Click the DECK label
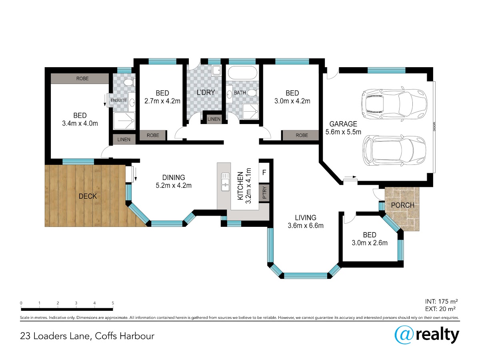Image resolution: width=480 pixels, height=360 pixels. click(88, 196)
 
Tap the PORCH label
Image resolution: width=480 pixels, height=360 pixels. click(402, 205)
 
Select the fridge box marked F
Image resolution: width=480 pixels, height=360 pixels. click(264, 173)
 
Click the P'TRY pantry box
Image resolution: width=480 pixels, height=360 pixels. click(264, 193)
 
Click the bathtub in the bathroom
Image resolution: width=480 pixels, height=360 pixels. click(242, 73)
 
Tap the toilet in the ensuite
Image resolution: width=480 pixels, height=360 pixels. click(129, 83)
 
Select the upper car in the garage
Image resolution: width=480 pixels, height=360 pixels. click(394, 104)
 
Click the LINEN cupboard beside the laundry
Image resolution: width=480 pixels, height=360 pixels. click(214, 119)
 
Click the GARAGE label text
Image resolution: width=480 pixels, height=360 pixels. click(343, 124)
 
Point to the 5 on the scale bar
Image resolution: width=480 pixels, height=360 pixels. click(113, 303)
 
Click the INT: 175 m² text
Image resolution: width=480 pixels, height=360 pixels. click(441, 302)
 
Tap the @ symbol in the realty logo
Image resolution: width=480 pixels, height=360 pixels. click(404, 335)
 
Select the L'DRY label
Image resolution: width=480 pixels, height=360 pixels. click(206, 92)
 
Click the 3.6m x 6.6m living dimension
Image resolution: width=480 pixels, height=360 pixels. click(306, 225)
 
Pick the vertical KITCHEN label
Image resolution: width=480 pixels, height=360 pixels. click(240, 186)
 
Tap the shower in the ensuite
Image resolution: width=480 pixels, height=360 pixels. click(124, 121)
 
